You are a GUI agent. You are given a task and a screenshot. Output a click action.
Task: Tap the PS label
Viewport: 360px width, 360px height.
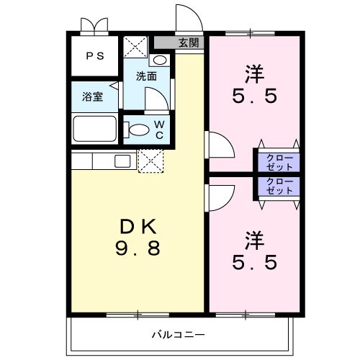95,55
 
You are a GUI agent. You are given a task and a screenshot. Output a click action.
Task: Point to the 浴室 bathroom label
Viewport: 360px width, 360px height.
91,96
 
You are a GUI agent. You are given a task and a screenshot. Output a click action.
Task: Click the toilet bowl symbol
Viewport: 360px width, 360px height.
138,130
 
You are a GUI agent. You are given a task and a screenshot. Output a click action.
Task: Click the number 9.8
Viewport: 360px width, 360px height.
138,250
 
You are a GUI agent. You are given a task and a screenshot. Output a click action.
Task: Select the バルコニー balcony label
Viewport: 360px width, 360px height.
178,333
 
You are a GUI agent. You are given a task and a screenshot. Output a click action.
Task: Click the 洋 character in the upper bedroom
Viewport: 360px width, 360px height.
254,73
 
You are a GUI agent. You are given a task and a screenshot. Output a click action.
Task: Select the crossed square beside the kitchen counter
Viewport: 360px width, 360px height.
151,161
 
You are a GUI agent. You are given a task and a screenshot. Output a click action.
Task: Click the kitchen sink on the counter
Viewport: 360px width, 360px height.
122,160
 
